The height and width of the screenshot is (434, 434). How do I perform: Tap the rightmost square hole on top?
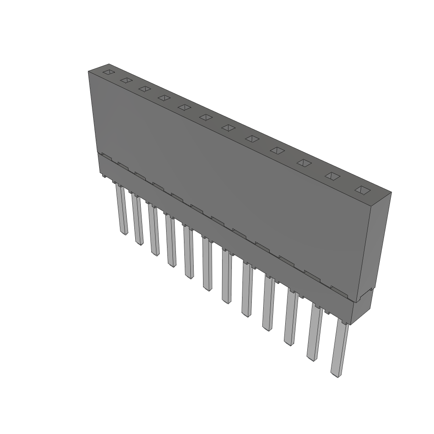(363, 190)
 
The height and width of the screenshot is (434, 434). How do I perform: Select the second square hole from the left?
(126, 80)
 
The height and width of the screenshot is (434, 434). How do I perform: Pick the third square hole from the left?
(145, 89)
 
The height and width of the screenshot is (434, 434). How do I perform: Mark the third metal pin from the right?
(291, 317)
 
